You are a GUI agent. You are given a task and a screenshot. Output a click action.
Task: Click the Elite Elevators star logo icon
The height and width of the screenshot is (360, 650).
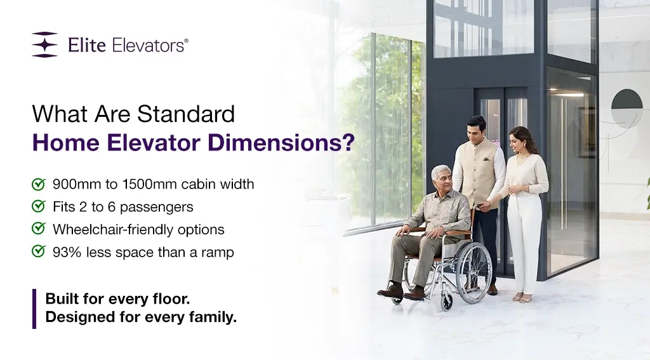(44, 44)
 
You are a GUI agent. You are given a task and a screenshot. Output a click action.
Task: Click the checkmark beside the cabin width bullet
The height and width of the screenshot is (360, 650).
(39, 185)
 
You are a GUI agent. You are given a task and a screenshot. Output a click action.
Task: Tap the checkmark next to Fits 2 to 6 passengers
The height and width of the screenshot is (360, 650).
(39, 207)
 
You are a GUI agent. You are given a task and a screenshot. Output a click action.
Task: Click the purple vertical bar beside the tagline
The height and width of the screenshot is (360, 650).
(34, 309)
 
